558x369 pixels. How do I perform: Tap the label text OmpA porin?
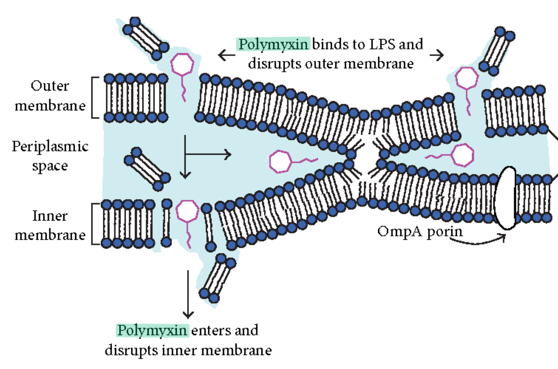click(x=420, y=232)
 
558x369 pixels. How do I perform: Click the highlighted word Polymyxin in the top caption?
click(x=273, y=44)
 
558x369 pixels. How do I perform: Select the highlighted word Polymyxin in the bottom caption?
click(x=152, y=330)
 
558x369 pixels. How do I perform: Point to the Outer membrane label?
click(x=50, y=95)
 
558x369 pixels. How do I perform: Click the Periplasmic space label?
click(x=50, y=156)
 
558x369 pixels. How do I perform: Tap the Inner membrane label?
click(x=50, y=225)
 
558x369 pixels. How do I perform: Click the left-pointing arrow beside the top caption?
click(x=226, y=55)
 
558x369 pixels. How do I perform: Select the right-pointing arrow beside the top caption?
click(x=436, y=55)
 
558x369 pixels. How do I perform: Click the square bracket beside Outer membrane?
click(x=94, y=97)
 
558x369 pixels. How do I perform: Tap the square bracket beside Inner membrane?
click(x=94, y=224)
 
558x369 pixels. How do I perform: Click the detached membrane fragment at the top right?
click(x=497, y=51)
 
